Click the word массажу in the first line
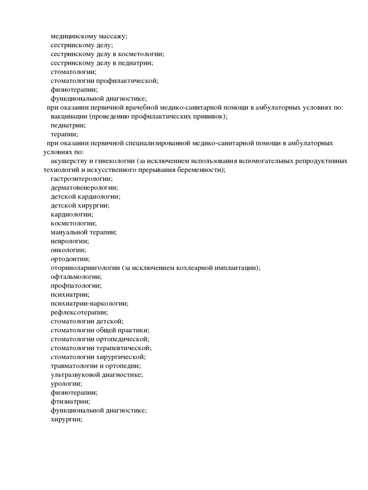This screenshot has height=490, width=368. (111, 36)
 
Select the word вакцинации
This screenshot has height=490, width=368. (69, 116)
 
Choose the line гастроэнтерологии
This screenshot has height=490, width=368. (81, 179)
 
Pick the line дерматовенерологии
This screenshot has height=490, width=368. (84, 188)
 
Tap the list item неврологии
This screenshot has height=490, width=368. (70, 241)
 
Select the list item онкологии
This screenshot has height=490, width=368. (68, 250)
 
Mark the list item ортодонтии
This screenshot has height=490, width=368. (70, 259)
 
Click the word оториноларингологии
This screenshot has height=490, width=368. (86, 268)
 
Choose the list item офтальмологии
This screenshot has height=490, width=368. (76, 277)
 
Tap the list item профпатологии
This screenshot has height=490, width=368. (76, 286)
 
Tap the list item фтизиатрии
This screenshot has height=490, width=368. (70, 402)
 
